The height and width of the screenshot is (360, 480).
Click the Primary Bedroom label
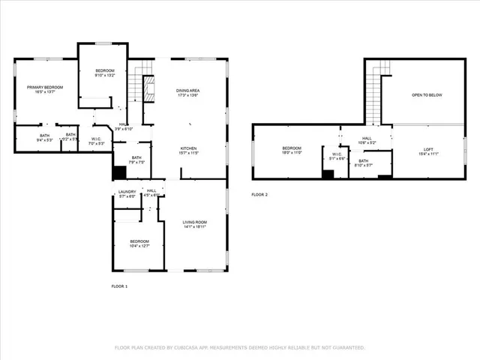(x=45, y=88)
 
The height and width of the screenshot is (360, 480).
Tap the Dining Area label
(x=188, y=90)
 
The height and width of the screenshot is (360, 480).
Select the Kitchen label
(x=188, y=148)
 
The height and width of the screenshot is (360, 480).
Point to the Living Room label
(x=195, y=223)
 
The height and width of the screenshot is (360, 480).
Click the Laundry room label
(x=127, y=191)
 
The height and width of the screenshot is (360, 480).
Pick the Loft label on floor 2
(x=428, y=149)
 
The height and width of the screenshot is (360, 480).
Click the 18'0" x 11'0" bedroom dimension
(x=292, y=153)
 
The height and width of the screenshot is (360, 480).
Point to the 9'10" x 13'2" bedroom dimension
(x=105, y=75)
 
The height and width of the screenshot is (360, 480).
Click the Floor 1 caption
(x=119, y=286)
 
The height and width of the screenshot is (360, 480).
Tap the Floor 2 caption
(x=259, y=194)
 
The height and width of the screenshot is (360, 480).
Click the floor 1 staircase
(x=136, y=83)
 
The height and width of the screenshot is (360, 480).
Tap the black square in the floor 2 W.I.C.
(x=328, y=174)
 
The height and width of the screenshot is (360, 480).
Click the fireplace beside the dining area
(x=148, y=88)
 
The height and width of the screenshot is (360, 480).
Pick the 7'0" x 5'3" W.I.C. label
(x=96, y=142)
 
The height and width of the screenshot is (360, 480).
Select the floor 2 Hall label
(x=367, y=138)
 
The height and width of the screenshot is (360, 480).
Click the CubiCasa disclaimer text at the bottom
(x=239, y=348)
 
